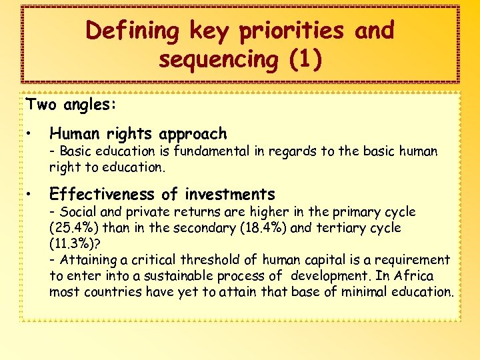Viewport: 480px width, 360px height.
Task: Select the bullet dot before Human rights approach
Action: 30,134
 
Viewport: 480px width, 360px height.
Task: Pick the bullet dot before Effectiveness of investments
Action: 30,195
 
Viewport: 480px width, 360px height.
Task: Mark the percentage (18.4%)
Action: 267,228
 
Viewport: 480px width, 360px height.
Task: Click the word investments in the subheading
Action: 230,195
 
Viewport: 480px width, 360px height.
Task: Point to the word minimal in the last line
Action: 369,292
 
